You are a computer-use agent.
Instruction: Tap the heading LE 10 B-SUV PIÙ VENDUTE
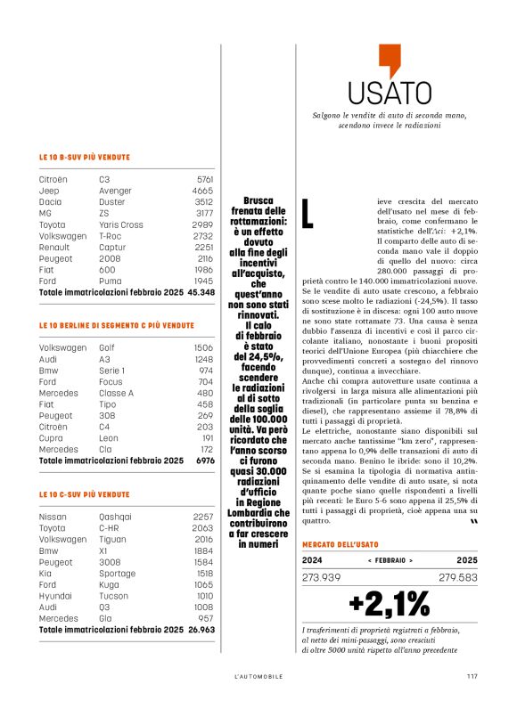click(x=91, y=157)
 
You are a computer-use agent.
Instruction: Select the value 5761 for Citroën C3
click(x=204, y=179)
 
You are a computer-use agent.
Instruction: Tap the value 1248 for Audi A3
click(x=203, y=359)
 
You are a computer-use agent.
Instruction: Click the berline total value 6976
click(x=204, y=461)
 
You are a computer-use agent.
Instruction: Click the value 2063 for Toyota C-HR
click(x=203, y=527)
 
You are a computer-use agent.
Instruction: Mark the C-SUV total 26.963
click(x=201, y=629)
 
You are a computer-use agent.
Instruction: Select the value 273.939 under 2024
click(x=323, y=577)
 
